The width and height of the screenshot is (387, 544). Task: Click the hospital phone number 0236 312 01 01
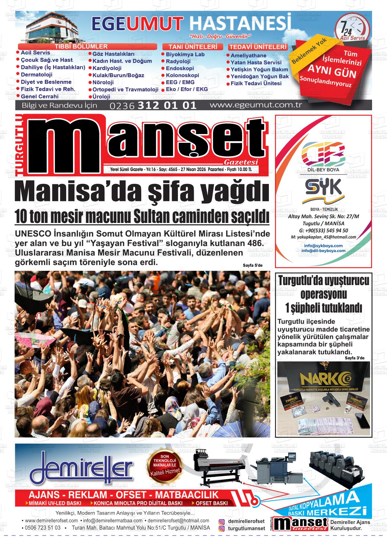pyautogui.click(x=153, y=105)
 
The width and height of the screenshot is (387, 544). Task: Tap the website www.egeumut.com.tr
pyautogui.click(x=256, y=105)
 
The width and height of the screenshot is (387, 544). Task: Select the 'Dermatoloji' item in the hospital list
pyautogui.click(x=37, y=75)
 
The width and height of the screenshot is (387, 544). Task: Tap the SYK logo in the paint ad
pyautogui.click(x=323, y=188)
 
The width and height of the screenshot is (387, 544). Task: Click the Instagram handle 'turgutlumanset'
pyautogui.click(x=246, y=528)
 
